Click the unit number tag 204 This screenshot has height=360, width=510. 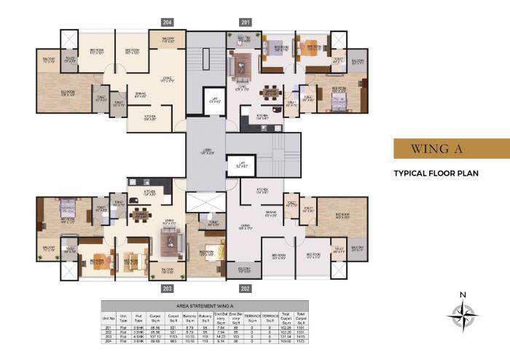[x=168, y=23]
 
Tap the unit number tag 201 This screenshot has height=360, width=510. [x=246, y=23]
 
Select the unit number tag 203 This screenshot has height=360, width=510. [x=168, y=289]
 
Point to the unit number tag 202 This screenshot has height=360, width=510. [x=246, y=289]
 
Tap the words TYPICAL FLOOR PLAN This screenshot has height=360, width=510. [x=436, y=174]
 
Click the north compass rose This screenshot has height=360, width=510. [x=462, y=315]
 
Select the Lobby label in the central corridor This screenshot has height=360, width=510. [x=206, y=152]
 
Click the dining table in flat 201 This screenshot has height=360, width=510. [x=270, y=92]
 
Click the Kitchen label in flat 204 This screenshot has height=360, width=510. [x=149, y=118]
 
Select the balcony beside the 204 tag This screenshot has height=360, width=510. [x=168, y=40]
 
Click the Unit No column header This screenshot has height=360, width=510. [x=109, y=318]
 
